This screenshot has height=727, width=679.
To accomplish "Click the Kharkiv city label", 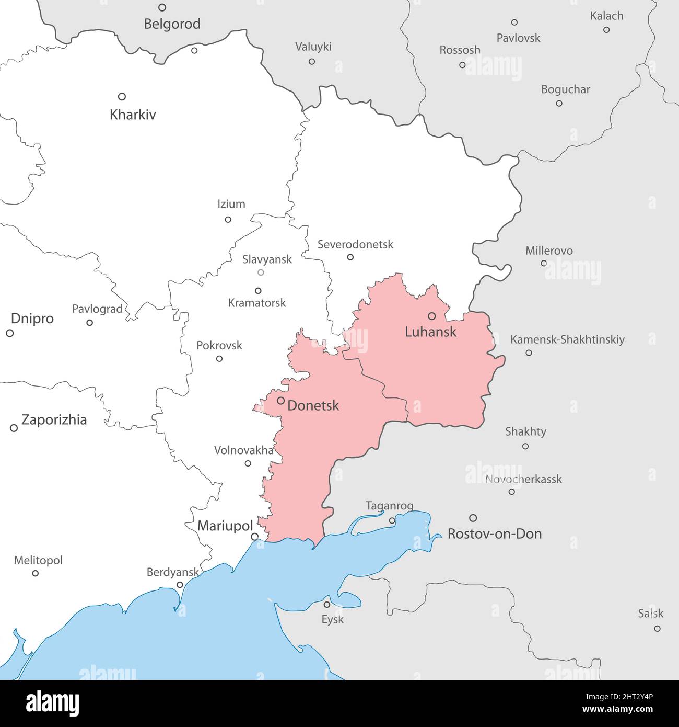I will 133,115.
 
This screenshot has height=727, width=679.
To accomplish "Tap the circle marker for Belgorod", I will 162,7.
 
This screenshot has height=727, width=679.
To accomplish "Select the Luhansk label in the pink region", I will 431,332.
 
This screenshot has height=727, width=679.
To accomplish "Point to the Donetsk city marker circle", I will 280,401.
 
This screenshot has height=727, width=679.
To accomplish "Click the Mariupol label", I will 225,526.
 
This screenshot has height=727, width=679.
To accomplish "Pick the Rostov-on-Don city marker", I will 473,518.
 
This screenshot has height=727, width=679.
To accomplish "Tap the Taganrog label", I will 389,506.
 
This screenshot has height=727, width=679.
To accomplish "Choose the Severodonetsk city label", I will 355,244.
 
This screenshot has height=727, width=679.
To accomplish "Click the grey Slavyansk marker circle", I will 261,272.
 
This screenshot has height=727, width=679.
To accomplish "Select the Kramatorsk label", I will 257,303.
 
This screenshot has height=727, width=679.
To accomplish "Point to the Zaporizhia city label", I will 54,420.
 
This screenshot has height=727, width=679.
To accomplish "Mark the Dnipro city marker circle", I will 9,333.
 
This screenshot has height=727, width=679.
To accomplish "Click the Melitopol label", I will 38,560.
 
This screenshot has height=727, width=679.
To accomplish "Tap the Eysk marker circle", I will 327,604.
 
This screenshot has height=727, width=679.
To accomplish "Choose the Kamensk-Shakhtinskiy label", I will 567,339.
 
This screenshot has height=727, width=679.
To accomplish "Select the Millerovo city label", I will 549,251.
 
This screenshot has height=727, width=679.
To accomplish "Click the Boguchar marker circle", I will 559,103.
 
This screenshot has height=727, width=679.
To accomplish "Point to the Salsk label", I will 650,614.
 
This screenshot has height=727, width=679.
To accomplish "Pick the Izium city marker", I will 228,219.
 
